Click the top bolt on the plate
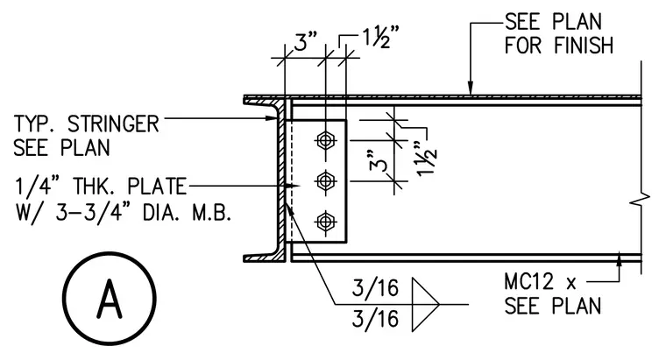pyautogui.click(x=326, y=140)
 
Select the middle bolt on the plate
pyautogui.click(x=326, y=181)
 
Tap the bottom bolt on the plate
pyautogui.click(x=326, y=222)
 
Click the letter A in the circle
pyautogui.click(x=110, y=299)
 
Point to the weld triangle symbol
pyautogui.click(x=425, y=305)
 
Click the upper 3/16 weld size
pyautogui.click(x=375, y=288)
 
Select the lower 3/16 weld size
pyautogui.click(x=375, y=319)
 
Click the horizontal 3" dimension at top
pyautogui.click(x=306, y=42)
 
